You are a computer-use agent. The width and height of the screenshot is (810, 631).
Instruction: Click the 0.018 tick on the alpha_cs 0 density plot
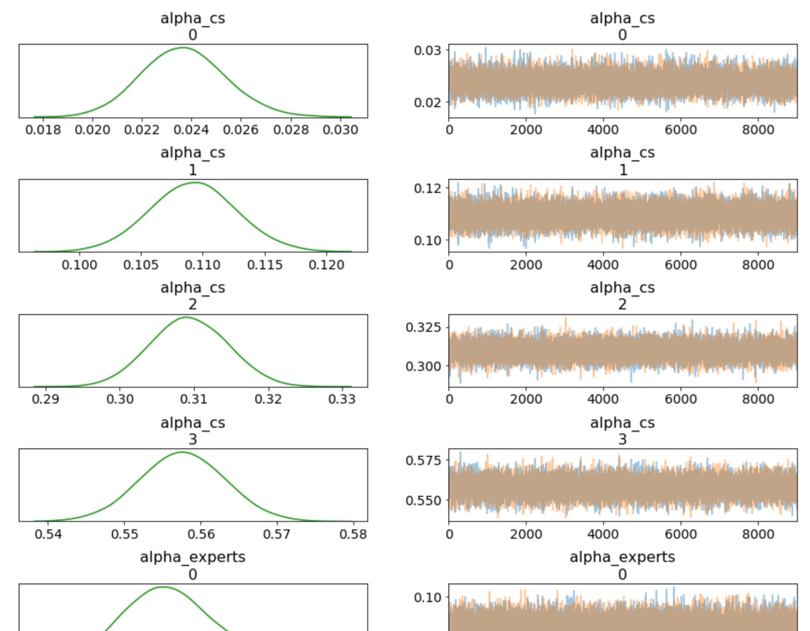[43, 130]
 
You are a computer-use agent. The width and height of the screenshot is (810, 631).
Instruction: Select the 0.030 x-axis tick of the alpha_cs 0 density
[340, 130]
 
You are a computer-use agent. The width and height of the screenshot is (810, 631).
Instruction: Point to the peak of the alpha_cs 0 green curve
[183, 48]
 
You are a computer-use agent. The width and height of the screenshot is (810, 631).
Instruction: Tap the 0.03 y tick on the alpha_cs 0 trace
[427, 50]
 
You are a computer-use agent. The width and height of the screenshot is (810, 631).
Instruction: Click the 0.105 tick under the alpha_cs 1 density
[141, 265]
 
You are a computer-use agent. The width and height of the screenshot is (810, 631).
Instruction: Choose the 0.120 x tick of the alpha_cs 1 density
[326, 265]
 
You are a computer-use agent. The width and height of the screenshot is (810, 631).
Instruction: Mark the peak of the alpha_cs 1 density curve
[196, 182]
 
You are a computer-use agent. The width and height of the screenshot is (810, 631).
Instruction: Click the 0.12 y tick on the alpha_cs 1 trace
[427, 188]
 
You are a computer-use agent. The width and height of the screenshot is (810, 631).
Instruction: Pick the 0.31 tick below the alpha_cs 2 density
[194, 399]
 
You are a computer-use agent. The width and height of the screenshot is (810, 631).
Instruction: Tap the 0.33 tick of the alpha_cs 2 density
[342, 399]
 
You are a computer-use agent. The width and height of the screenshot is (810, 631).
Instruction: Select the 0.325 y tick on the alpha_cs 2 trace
[423, 327]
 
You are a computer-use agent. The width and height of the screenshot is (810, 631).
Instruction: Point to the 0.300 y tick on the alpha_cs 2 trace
[423, 366]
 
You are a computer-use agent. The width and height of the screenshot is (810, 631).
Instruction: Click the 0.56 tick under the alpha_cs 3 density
[201, 534]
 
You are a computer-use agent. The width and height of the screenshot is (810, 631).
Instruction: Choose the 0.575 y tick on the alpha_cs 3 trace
[423, 460]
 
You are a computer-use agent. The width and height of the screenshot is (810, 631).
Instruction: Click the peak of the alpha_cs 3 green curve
[182, 452]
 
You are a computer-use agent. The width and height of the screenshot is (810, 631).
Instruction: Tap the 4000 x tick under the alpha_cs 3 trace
[603, 534]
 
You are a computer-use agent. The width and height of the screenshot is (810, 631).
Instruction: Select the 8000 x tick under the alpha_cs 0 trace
[758, 130]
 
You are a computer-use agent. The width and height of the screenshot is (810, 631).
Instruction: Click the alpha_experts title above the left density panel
[192, 557]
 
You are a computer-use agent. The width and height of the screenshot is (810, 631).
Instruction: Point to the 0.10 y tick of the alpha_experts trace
[427, 597]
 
